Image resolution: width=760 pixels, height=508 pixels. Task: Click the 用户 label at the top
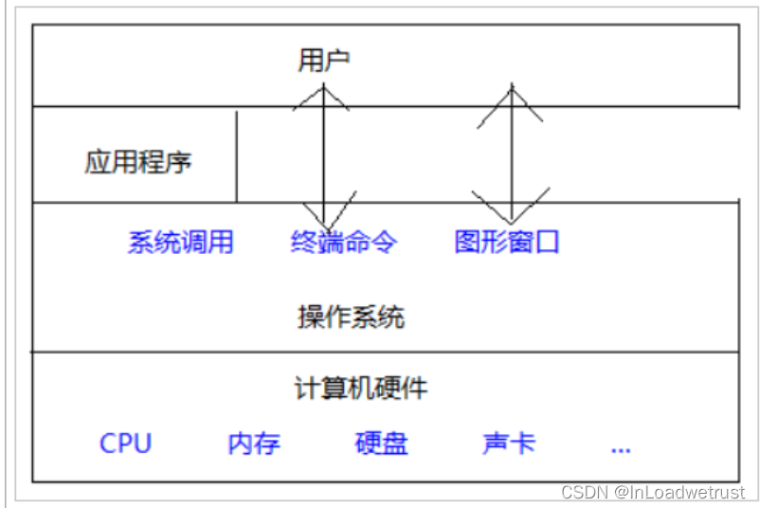point(324,62)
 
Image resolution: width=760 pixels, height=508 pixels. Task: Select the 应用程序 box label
point(138,162)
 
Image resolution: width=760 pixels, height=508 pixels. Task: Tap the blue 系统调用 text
point(180,242)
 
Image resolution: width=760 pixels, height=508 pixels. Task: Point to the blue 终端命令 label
point(344,242)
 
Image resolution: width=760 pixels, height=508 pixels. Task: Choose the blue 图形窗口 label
point(507,242)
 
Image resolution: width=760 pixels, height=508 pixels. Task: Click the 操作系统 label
point(351,317)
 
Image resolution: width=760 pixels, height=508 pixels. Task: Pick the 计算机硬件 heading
point(361,388)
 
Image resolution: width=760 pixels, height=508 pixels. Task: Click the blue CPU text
point(125,444)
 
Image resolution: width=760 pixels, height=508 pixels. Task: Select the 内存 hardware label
point(254,444)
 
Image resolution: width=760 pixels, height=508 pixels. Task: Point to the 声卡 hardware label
point(509,444)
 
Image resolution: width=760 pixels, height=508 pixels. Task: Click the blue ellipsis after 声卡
point(621,446)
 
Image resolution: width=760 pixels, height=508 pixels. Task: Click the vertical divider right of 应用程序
point(237,156)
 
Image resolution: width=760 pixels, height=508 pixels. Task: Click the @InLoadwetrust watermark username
point(679,493)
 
